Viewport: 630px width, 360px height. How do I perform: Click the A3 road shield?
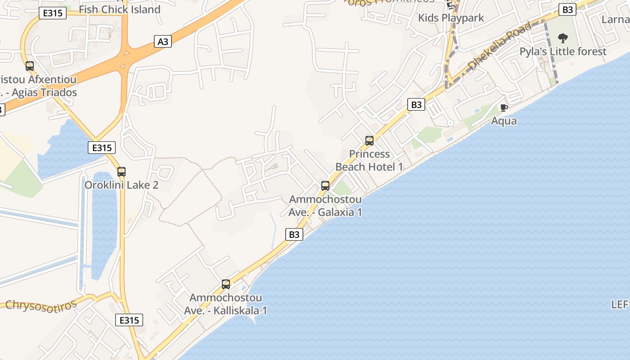163,41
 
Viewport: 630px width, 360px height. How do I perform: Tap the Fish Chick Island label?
119,9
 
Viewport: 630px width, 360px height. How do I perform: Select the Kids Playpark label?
451,18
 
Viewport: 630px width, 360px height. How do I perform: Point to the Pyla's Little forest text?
563,51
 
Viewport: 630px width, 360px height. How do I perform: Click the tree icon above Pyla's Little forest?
562,38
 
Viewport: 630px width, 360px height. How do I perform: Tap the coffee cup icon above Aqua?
504,108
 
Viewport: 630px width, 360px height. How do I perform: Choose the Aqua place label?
504,121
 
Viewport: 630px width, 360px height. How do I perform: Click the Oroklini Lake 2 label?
121,185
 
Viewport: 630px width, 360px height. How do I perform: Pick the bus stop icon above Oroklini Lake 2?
121,171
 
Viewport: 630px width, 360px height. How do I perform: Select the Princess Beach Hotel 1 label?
369,160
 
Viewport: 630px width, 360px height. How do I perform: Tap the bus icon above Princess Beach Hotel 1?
369,141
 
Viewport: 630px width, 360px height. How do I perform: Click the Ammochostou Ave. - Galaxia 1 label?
325,205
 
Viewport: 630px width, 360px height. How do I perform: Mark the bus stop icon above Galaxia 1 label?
325,185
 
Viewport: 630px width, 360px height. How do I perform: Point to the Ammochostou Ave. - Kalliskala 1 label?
225,304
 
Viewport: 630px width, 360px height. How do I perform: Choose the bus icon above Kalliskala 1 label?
226,284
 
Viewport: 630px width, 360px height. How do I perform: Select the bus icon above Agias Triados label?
30,66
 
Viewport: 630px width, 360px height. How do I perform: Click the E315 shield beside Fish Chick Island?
53,13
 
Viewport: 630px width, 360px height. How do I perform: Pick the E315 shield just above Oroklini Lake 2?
102,147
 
